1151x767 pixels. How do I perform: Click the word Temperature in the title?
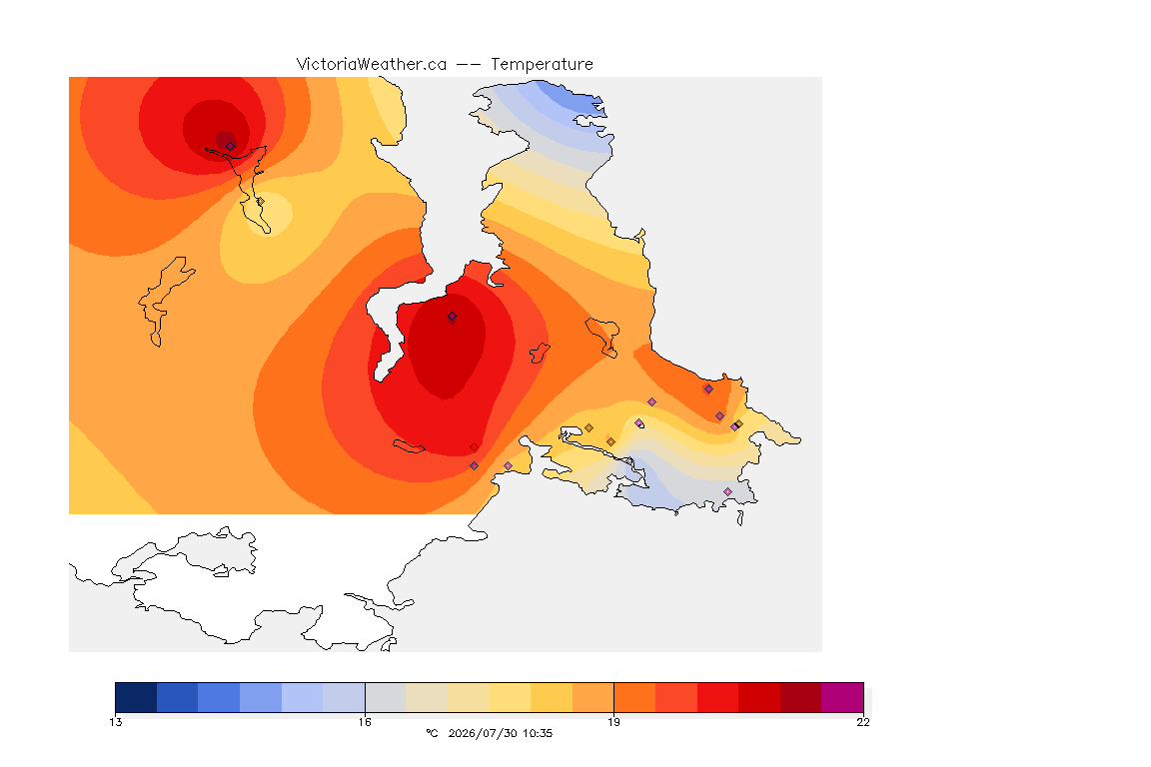(x=542, y=65)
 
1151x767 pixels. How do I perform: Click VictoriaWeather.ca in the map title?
(x=372, y=65)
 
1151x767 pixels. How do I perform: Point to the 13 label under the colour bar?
(x=116, y=722)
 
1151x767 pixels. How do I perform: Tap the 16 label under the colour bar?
(x=365, y=722)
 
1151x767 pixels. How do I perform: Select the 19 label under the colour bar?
(x=613, y=722)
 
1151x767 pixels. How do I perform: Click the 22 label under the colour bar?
(x=863, y=722)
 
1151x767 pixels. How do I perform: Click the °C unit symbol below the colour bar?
(x=433, y=733)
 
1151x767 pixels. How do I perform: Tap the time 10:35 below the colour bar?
(x=538, y=733)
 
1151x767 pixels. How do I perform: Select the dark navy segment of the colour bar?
(x=136, y=697)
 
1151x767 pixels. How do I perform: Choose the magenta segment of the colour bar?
(x=842, y=697)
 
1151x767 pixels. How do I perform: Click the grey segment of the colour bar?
(x=386, y=697)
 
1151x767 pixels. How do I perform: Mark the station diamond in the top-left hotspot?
(x=231, y=146)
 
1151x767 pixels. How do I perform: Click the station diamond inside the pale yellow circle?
(x=260, y=201)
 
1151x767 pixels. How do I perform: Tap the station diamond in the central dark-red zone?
(x=453, y=317)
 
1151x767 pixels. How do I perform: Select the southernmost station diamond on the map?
(x=727, y=491)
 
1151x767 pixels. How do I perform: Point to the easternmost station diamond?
(x=739, y=424)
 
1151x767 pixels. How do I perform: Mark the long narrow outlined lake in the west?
(x=166, y=299)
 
